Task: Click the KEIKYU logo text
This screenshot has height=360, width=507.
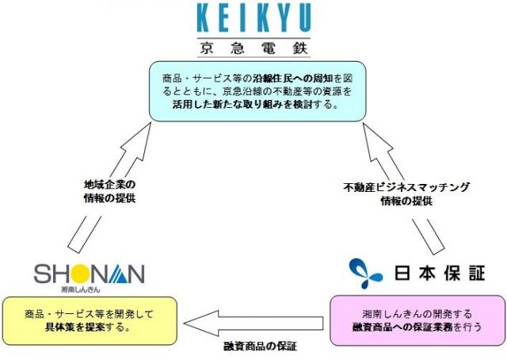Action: tap(253, 17)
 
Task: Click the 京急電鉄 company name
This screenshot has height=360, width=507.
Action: tap(253, 45)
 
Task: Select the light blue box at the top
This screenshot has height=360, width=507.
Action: tap(253, 92)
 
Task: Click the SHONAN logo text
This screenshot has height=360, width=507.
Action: tap(89, 273)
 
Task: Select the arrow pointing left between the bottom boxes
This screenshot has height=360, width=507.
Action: tap(253, 321)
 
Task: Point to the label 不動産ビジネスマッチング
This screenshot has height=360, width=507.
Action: tap(406, 188)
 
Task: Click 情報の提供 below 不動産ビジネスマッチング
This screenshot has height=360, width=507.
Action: tap(406, 201)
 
